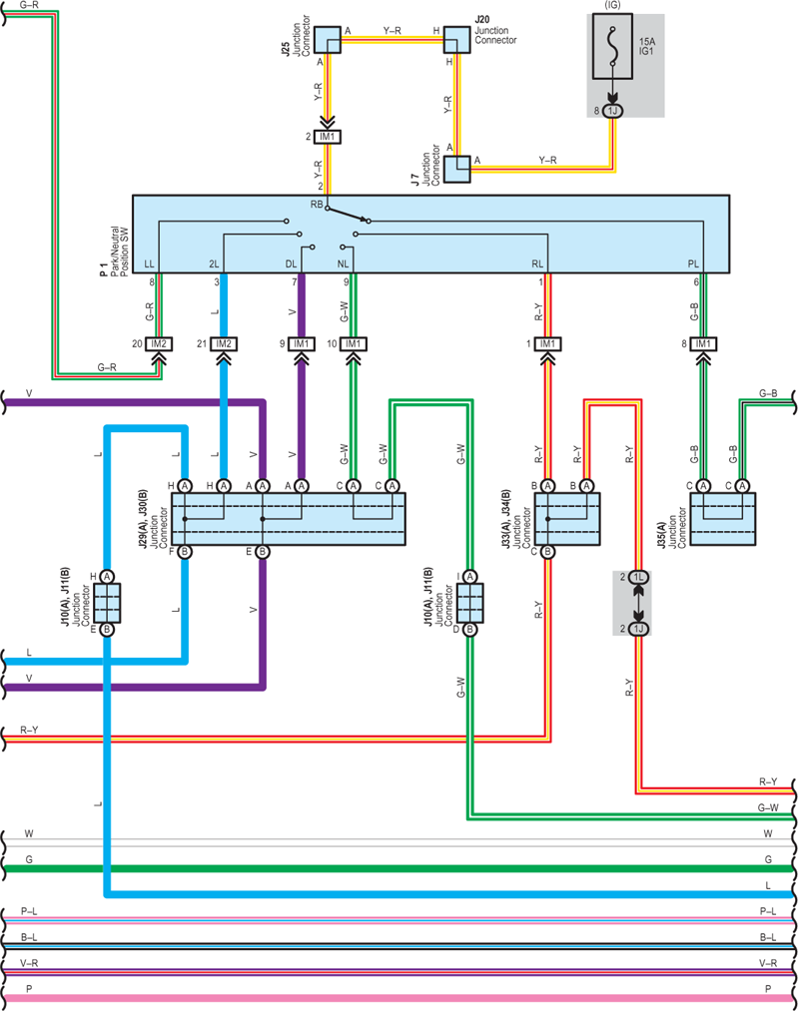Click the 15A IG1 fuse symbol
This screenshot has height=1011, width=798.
(x=612, y=47)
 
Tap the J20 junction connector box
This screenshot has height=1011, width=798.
(x=456, y=39)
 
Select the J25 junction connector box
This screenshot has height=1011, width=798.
(x=328, y=39)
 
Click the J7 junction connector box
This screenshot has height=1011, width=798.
(x=457, y=169)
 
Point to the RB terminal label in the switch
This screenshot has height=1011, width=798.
(x=316, y=205)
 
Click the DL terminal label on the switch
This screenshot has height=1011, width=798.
(x=291, y=263)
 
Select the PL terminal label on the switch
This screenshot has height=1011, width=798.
(x=693, y=263)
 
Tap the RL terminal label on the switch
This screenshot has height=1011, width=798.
(x=537, y=263)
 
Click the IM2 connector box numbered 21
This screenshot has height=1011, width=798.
(x=224, y=343)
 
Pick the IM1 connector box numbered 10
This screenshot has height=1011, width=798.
(x=354, y=343)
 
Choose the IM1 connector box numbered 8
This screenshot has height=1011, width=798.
(x=703, y=343)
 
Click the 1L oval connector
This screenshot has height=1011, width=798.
(x=638, y=577)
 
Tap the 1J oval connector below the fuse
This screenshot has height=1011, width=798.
(x=612, y=111)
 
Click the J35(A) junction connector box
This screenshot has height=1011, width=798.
(x=722, y=519)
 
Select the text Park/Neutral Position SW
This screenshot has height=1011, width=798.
(x=119, y=252)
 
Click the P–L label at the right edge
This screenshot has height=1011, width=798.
(x=768, y=911)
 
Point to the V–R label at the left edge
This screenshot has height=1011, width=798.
(x=29, y=963)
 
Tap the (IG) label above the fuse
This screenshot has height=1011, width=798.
(x=612, y=5)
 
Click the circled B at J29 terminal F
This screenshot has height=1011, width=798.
(x=185, y=551)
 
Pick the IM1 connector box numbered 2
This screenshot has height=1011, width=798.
(x=328, y=137)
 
